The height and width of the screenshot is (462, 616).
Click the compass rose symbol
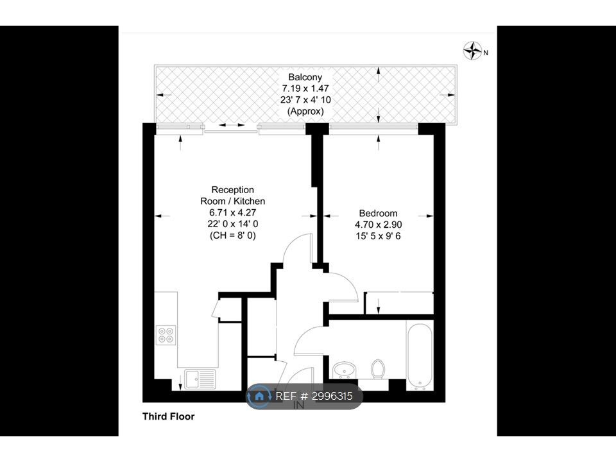473,51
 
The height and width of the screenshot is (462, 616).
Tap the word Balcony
305,77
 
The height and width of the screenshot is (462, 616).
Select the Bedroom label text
379,213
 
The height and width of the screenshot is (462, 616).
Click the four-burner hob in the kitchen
166,335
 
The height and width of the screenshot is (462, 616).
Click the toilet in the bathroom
378,369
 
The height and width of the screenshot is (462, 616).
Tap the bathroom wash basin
345,370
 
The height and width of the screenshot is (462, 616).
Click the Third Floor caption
169,416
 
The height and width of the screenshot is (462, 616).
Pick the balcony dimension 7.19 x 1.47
305,89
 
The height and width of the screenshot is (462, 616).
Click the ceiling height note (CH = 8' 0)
233,235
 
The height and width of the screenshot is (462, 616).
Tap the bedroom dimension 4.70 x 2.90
379,225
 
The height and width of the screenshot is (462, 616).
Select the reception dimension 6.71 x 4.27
233,212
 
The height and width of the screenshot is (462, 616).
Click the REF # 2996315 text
314,396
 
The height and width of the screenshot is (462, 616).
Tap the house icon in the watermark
259,396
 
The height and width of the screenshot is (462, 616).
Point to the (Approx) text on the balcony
305,111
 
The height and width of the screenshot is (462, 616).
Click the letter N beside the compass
486,53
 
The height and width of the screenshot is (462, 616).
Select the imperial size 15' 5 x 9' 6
379,236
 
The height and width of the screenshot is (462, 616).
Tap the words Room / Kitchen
233,201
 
